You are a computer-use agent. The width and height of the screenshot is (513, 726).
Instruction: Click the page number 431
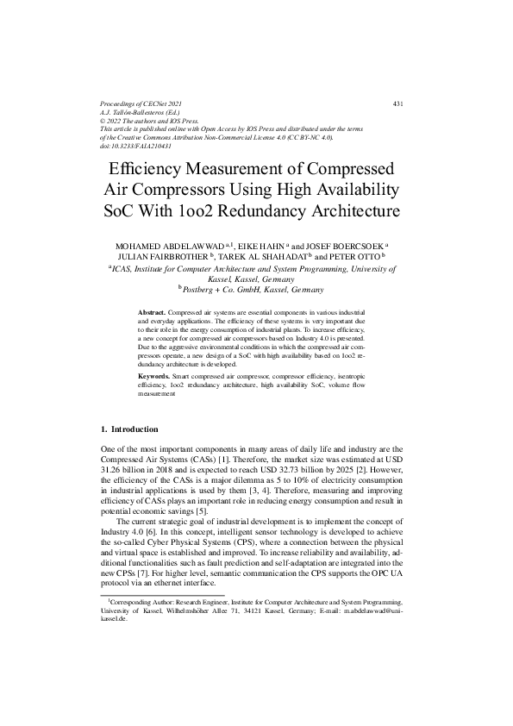[397, 103]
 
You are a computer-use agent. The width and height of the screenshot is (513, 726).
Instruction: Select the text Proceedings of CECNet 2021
[142, 103]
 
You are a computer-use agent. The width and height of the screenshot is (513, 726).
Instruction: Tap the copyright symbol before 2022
[103, 121]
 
